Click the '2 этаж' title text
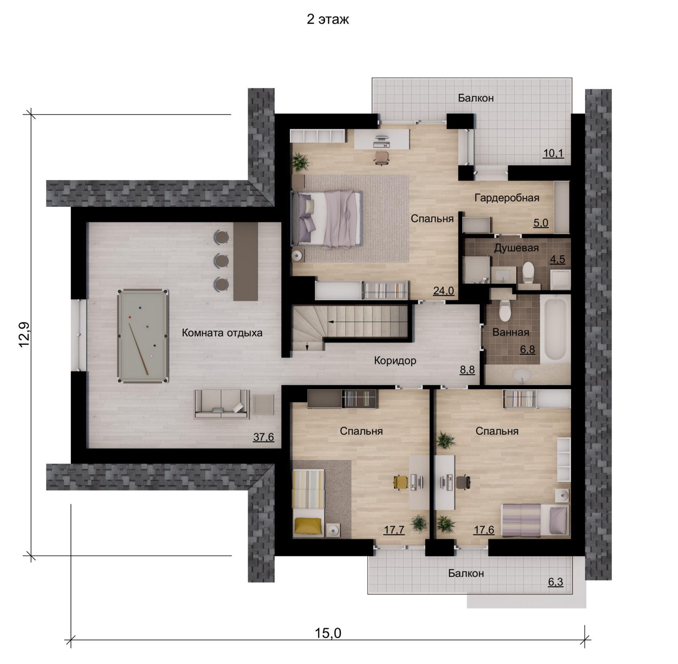327,20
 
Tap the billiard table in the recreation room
142,336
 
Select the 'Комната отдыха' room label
222,333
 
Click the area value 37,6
264,437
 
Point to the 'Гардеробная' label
507,198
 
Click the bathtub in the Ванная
555,329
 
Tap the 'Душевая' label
516,248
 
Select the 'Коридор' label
395,361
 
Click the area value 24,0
443,291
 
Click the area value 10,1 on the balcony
554,153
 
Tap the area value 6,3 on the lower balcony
555,582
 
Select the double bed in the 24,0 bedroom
327,218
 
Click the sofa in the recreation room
221,403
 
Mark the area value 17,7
394,530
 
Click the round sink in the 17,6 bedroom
562,496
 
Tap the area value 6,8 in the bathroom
527,350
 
